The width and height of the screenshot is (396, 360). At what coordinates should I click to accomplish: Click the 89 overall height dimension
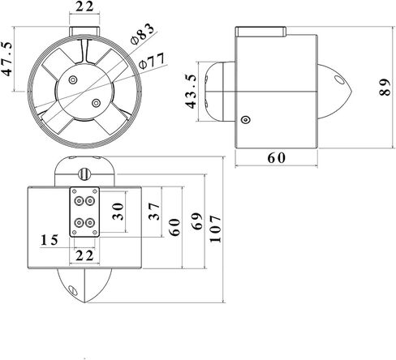pyautogui.click(x=385, y=92)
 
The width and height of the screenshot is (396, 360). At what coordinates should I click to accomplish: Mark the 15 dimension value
pyautogui.click(x=49, y=240)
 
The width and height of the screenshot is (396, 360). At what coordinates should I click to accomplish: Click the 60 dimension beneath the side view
pyautogui.click(x=277, y=158)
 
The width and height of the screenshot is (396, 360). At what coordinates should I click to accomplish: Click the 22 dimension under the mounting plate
pyautogui.click(x=84, y=255)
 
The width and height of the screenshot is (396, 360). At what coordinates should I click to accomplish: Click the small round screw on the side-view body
pyautogui.click(x=245, y=120)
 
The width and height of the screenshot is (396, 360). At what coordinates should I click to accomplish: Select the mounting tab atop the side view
pyautogui.click(x=260, y=32)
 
